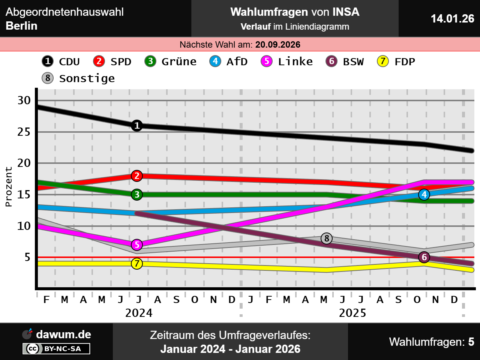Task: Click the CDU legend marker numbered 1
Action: pos(48,61)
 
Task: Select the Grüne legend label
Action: pos(179,61)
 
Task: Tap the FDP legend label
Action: pos(405,61)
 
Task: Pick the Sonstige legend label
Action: pos(87,78)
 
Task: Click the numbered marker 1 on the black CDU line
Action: pos(137,126)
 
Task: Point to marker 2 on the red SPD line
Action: pos(137,175)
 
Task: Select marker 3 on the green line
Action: pos(137,195)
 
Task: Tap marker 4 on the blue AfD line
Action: pos(424,195)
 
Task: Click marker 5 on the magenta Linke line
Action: pos(137,245)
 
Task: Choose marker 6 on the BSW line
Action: pos(424,257)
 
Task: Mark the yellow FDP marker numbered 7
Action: pos(137,264)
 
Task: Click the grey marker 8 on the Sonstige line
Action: pos(327,238)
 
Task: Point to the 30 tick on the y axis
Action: pos(24,100)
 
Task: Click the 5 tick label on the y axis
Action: pos(27,257)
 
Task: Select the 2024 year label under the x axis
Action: pos(139,313)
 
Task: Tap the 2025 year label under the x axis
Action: pos(352,313)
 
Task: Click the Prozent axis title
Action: pos(9,187)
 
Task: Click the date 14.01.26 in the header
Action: pos(452,18)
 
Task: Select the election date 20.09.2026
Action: pos(277,45)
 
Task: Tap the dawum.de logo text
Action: pos(63,334)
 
